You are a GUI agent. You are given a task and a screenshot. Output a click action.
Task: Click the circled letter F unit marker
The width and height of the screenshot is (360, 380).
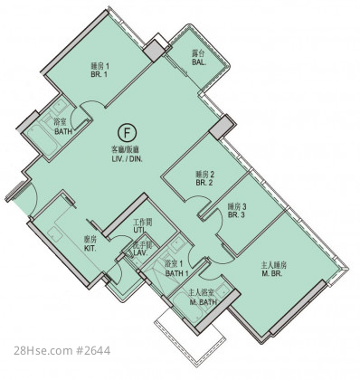127,133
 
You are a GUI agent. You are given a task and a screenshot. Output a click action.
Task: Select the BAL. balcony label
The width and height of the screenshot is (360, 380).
199,62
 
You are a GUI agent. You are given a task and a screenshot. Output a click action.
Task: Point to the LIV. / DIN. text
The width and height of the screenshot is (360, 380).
127,158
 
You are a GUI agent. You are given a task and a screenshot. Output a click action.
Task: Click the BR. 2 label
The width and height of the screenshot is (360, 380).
204,183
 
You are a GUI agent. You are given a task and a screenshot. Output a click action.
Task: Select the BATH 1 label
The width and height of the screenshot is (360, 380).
177,273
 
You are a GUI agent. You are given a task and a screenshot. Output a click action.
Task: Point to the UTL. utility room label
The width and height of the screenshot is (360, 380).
139,230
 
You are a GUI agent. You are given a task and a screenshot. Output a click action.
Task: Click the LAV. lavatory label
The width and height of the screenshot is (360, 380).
141,253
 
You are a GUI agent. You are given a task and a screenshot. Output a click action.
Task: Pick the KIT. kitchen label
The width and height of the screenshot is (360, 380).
90,249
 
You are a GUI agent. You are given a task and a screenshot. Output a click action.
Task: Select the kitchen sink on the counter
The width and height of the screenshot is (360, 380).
55,233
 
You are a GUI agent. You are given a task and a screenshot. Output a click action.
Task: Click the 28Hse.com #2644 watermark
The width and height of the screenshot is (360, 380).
62,351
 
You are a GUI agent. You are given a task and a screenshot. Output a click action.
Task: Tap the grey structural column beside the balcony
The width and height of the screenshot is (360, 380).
155,51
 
